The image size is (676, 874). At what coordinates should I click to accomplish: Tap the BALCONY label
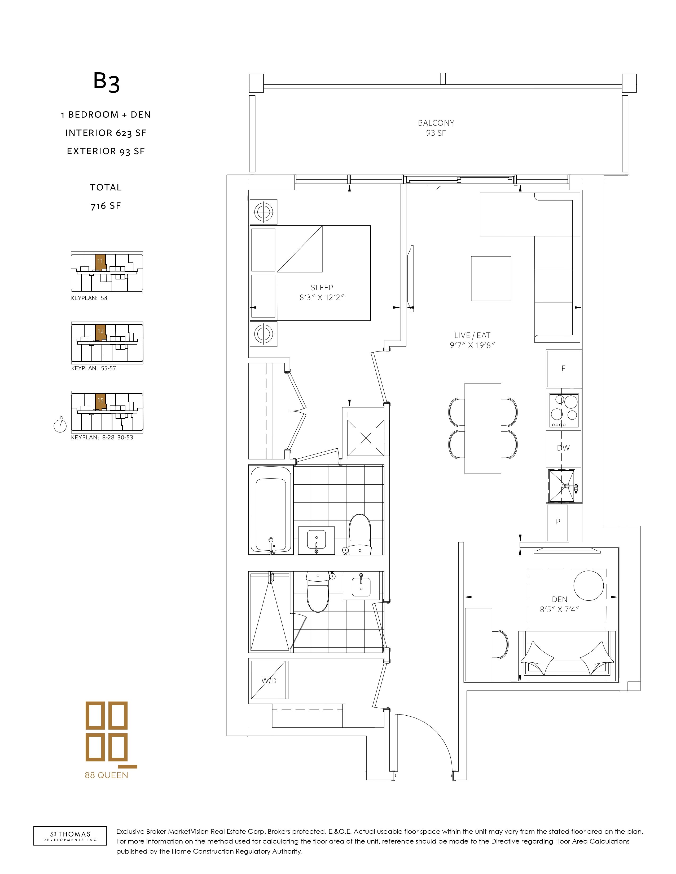[436, 123]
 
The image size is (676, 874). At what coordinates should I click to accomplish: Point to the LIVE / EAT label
[472, 335]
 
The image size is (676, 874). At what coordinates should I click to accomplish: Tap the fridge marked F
[564, 369]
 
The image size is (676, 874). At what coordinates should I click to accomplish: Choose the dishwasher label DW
[563, 448]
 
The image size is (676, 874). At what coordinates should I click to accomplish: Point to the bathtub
[271, 509]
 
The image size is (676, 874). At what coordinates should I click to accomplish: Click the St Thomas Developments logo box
[70, 836]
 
